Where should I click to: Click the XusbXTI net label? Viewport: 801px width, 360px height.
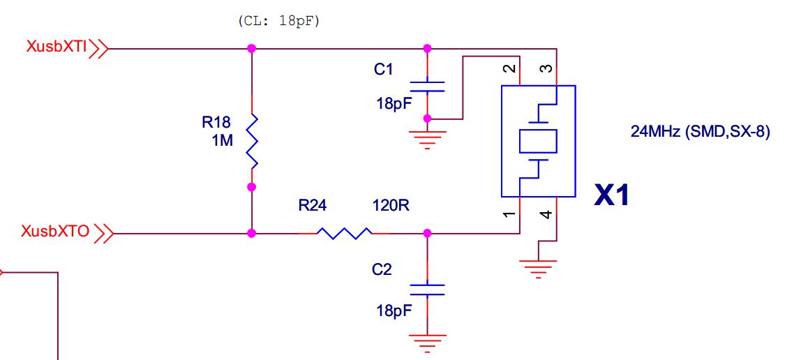click(x=57, y=47)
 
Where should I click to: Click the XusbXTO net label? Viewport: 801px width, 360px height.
click(x=56, y=232)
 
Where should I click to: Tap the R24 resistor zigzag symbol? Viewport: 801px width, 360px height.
click(x=343, y=233)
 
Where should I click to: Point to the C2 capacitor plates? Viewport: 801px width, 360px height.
click(x=427, y=290)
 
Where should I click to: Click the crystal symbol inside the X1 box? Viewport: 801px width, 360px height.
click(x=538, y=141)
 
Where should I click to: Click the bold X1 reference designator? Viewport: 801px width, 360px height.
click(x=612, y=196)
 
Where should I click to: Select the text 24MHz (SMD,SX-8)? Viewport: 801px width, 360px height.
click(x=700, y=131)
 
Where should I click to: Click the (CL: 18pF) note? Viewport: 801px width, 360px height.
click(x=279, y=21)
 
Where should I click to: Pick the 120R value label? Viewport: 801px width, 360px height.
click(x=391, y=207)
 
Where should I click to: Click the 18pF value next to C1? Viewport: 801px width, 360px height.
click(x=394, y=104)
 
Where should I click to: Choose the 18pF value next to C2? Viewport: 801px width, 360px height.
click(x=394, y=310)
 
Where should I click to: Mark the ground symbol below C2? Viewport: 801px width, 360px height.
click(x=427, y=343)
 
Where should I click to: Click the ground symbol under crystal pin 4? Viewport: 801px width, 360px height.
click(x=538, y=268)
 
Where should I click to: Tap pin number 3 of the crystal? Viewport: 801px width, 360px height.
click(x=547, y=68)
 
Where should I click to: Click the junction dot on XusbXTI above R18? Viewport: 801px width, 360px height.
click(x=252, y=49)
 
